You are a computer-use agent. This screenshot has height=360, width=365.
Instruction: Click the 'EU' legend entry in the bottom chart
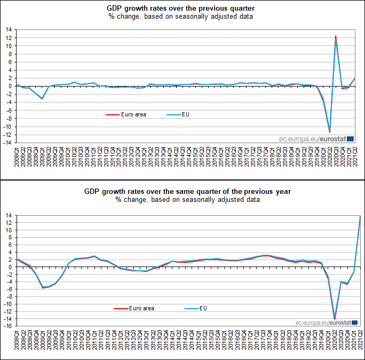coord(203,308)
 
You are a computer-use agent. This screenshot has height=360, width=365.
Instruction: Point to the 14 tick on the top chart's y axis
coord(9,30)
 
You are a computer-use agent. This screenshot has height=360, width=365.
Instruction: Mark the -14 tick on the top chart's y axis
coord(8,143)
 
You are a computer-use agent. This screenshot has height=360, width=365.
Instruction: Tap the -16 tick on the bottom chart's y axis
coord(8,326)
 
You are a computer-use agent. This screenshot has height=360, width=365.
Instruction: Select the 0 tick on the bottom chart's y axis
coord(11,267)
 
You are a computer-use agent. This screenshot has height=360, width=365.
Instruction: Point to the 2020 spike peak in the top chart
coord(336,36)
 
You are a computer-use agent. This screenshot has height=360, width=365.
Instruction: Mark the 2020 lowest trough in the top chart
coord(330,131)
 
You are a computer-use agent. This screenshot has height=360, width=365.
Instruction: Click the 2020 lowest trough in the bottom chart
coord(335,318)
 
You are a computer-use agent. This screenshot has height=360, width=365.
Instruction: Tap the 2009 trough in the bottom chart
coord(43,287)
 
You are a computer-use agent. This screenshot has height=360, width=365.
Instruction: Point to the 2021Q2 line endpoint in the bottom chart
coord(361,217)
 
